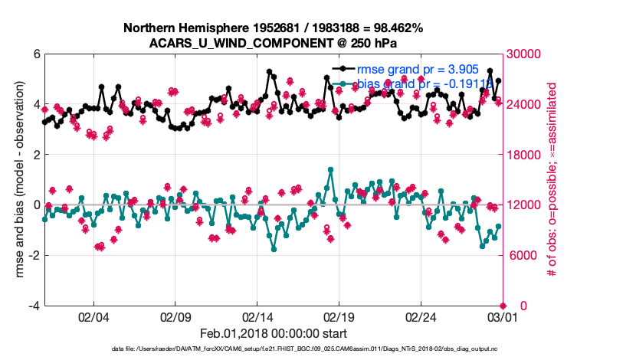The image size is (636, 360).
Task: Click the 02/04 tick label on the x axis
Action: coord(93,317)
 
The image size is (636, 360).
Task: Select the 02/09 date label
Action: coord(175,317)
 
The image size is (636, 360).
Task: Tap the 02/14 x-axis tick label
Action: coord(257,317)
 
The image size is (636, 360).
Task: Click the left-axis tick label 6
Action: coord(36,54)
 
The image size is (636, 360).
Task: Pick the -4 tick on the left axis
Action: coord(34,306)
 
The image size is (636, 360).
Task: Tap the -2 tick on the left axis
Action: coord(34,256)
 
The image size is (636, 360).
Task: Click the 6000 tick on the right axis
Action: coord(523,256)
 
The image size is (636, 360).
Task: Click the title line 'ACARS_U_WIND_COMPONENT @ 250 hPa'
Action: coord(274,42)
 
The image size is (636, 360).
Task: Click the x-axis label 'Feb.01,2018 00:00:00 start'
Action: coord(274,333)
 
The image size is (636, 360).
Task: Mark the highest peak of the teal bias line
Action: coord(330,169)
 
